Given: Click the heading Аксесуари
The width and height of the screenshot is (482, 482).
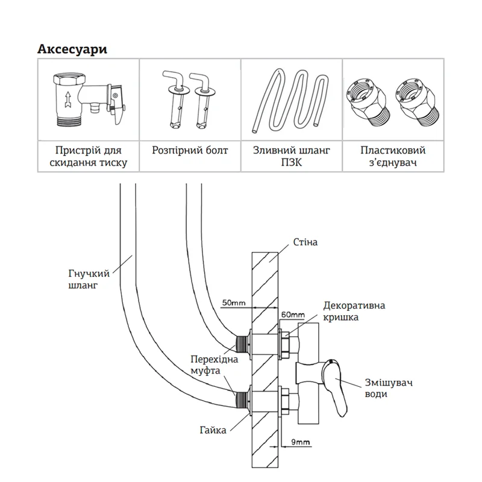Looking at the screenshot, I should point(72,49).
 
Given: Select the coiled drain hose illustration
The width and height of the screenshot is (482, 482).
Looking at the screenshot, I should point(292,101).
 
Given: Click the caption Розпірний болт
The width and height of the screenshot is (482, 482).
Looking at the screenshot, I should point(190,150).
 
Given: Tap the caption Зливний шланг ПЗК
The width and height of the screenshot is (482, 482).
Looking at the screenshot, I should point(292,156).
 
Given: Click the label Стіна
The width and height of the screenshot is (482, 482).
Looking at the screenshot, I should point(305,242).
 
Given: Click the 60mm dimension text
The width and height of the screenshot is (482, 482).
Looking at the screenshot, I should point(293,315).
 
